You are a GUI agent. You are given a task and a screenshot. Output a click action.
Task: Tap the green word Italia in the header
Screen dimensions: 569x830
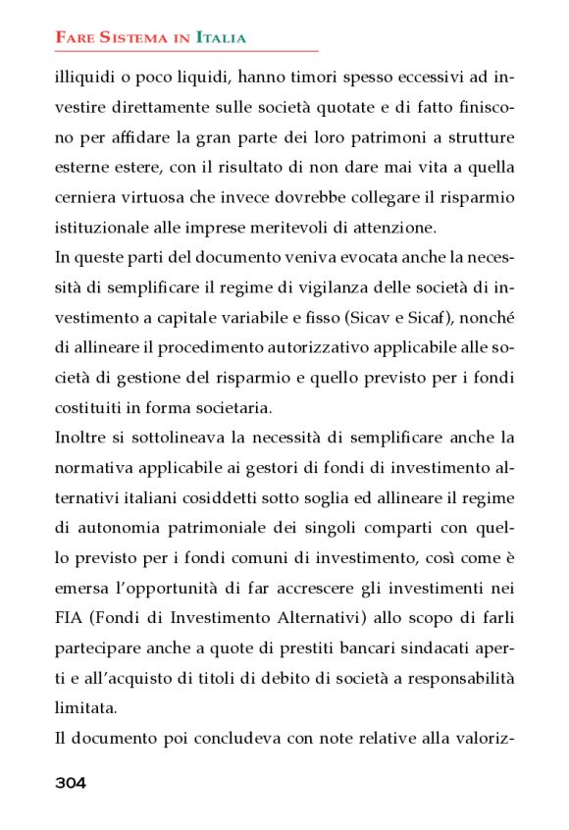click(x=221, y=38)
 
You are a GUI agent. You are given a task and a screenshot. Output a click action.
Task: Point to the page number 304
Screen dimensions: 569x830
click(x=71, y=782)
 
